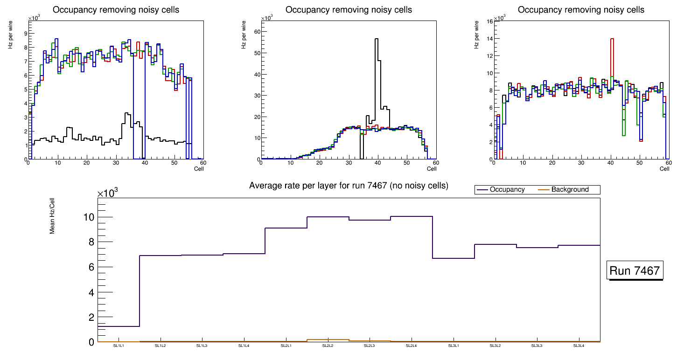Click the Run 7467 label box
pos(635,270)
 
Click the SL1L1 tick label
pos(119,346)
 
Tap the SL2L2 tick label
pos(328,346)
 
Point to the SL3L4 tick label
pos(579,346)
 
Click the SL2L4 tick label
pos(412,346)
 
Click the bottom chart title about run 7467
pos(349,186)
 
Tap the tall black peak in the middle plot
pos(376,42)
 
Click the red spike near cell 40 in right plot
pos(612,42)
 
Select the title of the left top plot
pos(116,10)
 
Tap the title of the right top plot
pos(581,10)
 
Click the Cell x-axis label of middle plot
pos(432,168)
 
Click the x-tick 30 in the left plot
pos(116,163)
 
